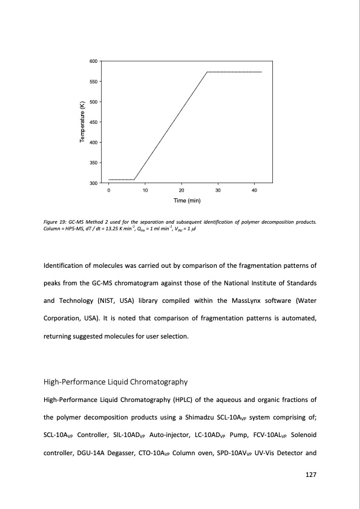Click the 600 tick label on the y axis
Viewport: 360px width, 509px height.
coord(93,61)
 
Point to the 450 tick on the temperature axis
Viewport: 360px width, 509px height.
coord(93,122)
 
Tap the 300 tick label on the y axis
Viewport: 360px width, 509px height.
coord(93,183)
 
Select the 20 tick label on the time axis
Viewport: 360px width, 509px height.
coord(182,191)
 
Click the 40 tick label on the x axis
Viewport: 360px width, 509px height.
coord(255,191)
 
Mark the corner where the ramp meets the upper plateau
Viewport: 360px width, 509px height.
coord(207,72)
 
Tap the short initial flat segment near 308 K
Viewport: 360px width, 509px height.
coord(121,180)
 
